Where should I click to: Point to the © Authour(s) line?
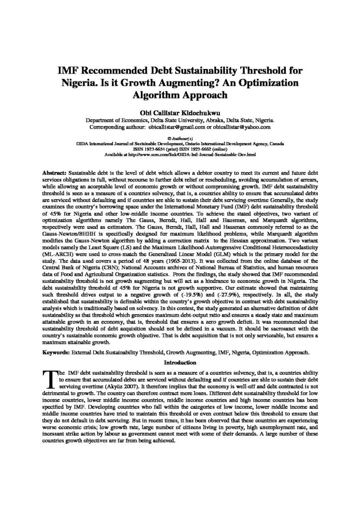(x=180, y=136)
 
